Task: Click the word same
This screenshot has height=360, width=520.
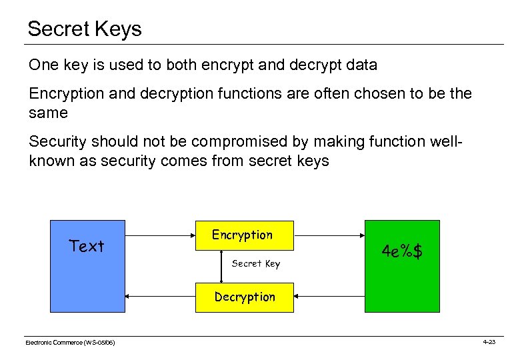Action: coord(49,113)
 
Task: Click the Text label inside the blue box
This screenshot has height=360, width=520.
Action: coord(87,246)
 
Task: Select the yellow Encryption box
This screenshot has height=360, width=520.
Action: coord(243,235)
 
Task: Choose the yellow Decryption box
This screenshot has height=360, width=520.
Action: coord(244,297)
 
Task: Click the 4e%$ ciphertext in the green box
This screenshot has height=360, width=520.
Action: coord(402,252)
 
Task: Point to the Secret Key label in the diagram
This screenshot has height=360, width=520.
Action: coord(256,263)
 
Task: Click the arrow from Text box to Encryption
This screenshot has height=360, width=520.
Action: coord(160,235)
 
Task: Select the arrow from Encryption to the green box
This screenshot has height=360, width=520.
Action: coord(329,235)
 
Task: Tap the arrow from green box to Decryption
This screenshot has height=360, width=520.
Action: coord(329,297)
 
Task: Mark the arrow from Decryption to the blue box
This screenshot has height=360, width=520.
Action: coord(160,297)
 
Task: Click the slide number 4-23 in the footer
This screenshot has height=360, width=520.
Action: coord(489,341)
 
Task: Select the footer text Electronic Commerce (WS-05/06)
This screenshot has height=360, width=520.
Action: coord(70,342)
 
